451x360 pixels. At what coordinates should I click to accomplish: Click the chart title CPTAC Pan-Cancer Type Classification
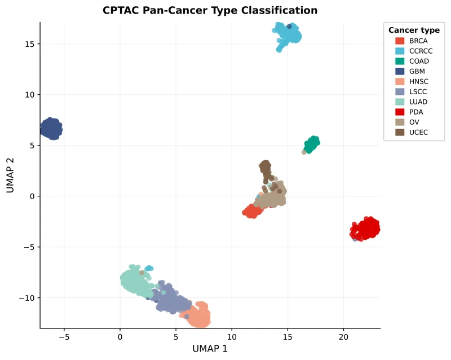[210, 11]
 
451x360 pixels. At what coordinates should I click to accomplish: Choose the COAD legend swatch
[400, 62]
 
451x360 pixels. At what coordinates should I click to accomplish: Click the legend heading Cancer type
[414, 30]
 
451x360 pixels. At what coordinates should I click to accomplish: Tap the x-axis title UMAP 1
[210, 349]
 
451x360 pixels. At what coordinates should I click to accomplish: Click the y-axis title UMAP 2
[11, 175]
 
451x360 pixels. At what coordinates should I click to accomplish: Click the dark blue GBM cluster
[51, 129]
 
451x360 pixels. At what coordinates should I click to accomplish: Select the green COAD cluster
[312, 144]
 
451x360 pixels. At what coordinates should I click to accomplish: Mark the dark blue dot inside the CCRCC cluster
[289, 27]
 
